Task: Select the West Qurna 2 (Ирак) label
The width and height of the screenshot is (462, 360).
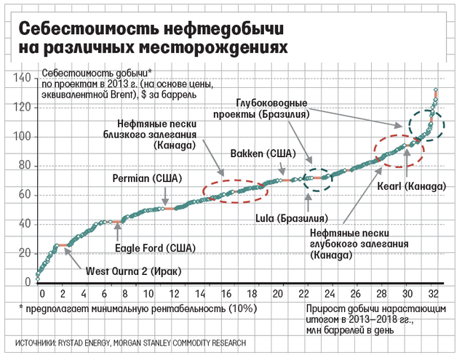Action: tap(133, 271)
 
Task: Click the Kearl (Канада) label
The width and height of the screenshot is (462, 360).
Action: tap(410, 186)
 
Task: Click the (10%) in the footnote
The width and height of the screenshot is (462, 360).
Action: tap(242, 308)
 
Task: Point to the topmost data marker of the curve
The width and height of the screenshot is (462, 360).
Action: tap(435, 90)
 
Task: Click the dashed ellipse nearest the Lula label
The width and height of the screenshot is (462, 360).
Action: tap(316, 179)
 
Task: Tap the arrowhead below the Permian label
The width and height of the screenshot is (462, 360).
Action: tap(166, 204)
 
